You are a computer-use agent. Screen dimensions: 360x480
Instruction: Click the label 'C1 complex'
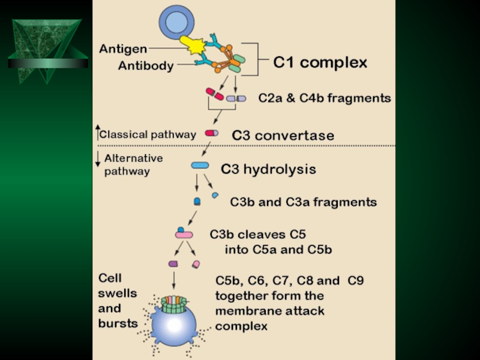[x=320, y=62]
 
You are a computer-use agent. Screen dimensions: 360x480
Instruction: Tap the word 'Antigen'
[x=123, y=49]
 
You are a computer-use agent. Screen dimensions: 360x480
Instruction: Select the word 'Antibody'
[x=145, y=66]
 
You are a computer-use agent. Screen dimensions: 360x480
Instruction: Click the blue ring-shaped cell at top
[x=176, y=22]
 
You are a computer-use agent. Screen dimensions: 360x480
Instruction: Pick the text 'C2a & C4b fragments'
[x=324, y=98]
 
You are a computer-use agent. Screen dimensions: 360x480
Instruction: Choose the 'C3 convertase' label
[x=283, y=136]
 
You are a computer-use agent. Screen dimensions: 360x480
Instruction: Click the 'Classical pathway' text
[x=147, y=134]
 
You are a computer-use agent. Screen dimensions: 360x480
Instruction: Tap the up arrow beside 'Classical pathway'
[x=98, y=133]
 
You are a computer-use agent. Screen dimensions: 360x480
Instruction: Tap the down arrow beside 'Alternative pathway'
[x=98, y=160]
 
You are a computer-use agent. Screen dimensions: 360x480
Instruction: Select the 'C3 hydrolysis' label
[x=268, y=169]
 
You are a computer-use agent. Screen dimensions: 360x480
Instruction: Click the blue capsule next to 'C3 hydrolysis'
[x=200, y=165]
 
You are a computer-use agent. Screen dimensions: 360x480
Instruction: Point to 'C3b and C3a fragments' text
[x=303, y=202]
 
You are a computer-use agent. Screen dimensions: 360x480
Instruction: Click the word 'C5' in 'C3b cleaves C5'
[x=301, y=235]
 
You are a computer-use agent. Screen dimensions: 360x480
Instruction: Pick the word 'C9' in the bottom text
[x=355, y=280]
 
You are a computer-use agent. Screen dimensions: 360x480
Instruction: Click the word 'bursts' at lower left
[x=118, y=323]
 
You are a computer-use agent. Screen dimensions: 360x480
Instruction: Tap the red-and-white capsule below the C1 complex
[x=214, y=94]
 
